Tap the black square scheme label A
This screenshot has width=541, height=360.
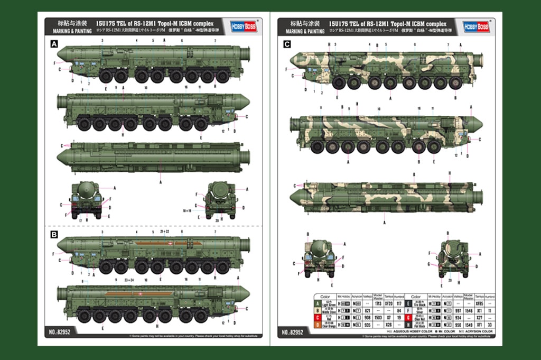[x=53, y=45]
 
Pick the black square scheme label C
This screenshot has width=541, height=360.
[x=286, y=45]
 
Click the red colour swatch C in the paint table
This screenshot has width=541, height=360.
[x=317, y=318]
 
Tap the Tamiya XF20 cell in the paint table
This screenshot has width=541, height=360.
[x=388, y=304]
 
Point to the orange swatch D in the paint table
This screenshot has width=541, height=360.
[x=317, y=325]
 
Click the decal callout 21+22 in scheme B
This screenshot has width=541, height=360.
[x=164, y=232]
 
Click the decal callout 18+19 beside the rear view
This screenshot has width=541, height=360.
[x=186, y=210]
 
